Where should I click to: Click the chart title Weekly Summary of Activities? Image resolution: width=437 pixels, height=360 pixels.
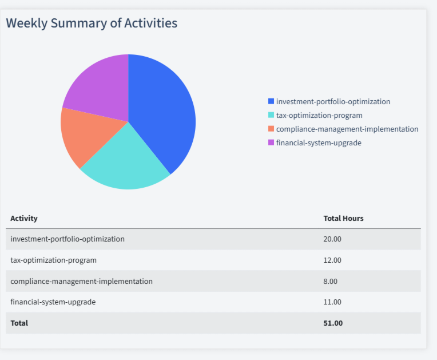click(92, 23)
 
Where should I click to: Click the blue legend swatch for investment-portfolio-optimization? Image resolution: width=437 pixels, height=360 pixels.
click(271, 101)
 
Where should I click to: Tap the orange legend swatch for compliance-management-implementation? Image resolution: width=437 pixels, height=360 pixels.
click(271, 129)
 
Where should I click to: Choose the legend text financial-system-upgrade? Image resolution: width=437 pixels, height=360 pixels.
click(319, 143)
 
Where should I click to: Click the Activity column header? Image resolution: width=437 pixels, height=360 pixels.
click(24, 218)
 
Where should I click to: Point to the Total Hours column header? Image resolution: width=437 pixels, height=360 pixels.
click(343, 218)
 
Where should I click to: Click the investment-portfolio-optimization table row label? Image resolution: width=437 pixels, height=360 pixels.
click(67, 239)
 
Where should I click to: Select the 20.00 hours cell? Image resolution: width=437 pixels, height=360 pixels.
click(332, 239)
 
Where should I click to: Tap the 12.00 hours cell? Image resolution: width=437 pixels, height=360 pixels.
click(332, 260)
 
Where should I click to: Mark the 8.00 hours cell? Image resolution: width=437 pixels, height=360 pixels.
click(331, 281)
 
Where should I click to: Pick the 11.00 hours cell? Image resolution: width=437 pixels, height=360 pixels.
click(332, 302)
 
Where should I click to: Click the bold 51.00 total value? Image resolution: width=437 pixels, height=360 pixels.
click(333, 323)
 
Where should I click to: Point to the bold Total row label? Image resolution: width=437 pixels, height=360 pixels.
click(19, 323)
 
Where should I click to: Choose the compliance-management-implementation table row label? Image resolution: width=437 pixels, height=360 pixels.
click(81, 281)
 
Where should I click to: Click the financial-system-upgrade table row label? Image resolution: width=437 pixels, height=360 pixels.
click(53, 302)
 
